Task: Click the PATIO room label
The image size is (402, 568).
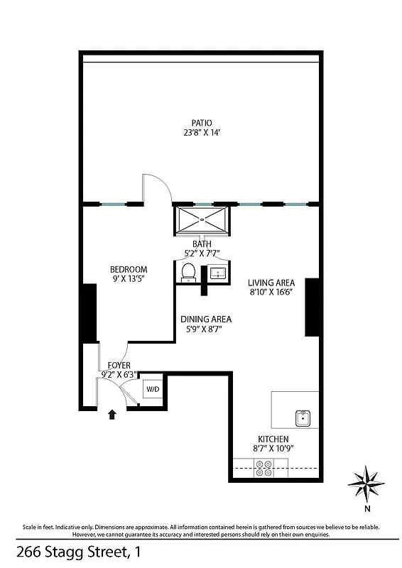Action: (201, 123)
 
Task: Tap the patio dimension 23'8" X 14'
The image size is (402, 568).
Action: (201, 133)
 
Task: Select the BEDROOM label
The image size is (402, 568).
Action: (129, 269)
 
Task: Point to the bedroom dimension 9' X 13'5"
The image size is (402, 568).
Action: (129, 279)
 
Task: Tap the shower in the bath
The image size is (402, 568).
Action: (202, 220)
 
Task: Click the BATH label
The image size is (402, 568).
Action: (202, 244)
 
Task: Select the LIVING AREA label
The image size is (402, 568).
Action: (271, 281)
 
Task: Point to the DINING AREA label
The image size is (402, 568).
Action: (206, 319)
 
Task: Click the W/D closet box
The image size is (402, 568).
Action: (153, 390)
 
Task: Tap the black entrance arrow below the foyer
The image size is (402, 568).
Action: (112, 415)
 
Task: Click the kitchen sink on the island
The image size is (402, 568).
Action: (303, 417)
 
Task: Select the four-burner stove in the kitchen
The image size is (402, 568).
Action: (264, 468)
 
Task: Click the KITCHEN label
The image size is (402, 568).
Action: (273, 439)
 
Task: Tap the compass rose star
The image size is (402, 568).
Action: (366, 484)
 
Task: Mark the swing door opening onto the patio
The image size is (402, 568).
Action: (156, 190)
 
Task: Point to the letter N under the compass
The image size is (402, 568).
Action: (366, 509)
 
